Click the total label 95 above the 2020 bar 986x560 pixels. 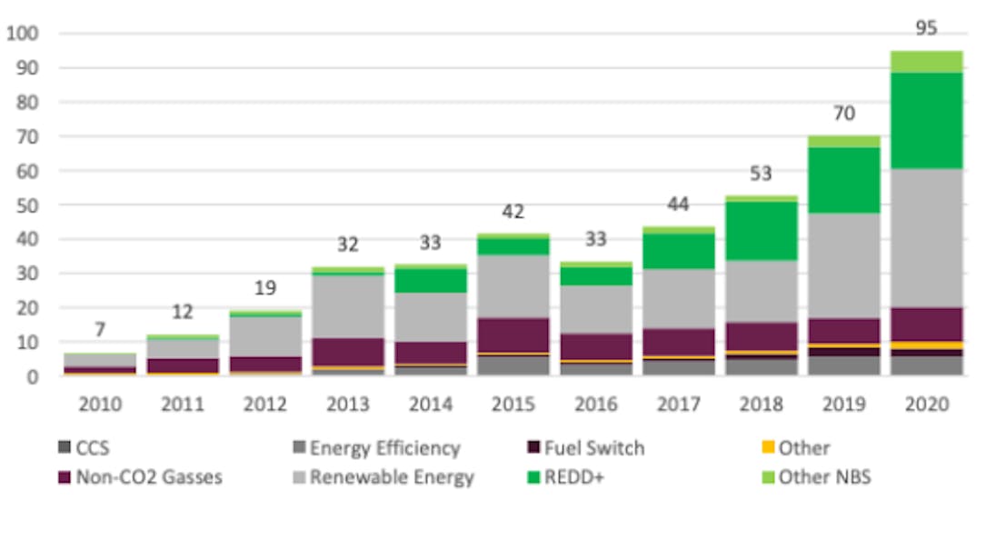[x=926, y=28]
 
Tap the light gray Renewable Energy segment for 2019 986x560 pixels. [x=845, y=265]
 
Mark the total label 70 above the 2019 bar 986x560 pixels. [x=845, y=115]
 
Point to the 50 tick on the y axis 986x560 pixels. [x=25, y=205]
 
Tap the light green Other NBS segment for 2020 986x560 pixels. [x=926, y=61]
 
